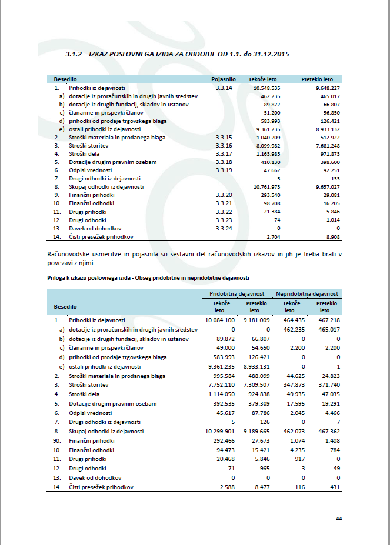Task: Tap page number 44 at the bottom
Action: coord(339,518)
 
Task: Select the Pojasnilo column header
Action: coord(224,79)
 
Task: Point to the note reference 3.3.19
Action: coord(224,170)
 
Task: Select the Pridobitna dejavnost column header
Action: coord(236,293)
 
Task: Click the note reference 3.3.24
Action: coord(224,228)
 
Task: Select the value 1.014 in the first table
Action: coord(332,219)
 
